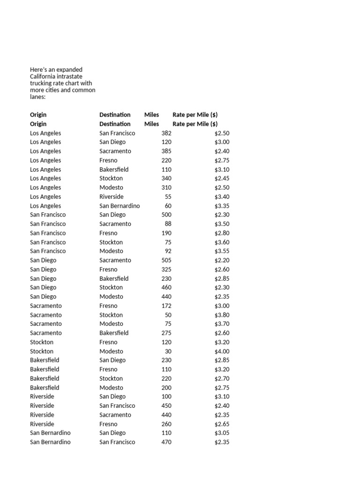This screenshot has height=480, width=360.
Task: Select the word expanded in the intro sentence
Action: pyautogui.click(x=69, y=70)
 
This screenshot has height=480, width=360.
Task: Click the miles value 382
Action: pyautogui.click(x=166, y=133)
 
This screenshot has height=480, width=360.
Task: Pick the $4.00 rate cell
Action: pyautogui.click(x=222, y=351)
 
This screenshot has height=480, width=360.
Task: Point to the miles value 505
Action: pyautogui.click(x=166, y=260)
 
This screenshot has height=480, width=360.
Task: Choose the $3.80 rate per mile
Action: pyautogui.click(x=222, y=315)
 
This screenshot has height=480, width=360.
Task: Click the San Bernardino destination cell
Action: pyautogui.click(x=120, y=206)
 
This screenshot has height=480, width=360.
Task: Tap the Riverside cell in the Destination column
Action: pyautogui.click(x=112, y=197)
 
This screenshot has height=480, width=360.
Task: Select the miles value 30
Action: pyautogui.click(x=168, y=351)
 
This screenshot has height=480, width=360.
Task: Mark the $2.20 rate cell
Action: pyautogui.click(x=222, y=260)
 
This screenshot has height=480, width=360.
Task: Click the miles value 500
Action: pyautogui.click(x=166, y=215)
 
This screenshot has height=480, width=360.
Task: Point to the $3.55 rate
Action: pyautogui.click(x=222, y=251)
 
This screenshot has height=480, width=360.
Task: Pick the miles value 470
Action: pyautogui.click(x=166, y=442)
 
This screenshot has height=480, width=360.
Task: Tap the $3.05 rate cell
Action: pyautogui.click(x=222, y=433)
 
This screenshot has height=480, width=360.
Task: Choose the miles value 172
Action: pyautogui.click(x=166, y=306)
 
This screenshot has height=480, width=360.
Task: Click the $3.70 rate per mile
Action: pyautogui.click(x=222, y=324)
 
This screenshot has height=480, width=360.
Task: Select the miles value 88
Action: pyautogui.click(x=168, y=224)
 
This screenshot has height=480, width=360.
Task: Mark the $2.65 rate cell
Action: pyautogui.click(x=222, y=424)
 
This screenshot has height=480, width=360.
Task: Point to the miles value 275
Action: pyautogui.click(x=166, y=333)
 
